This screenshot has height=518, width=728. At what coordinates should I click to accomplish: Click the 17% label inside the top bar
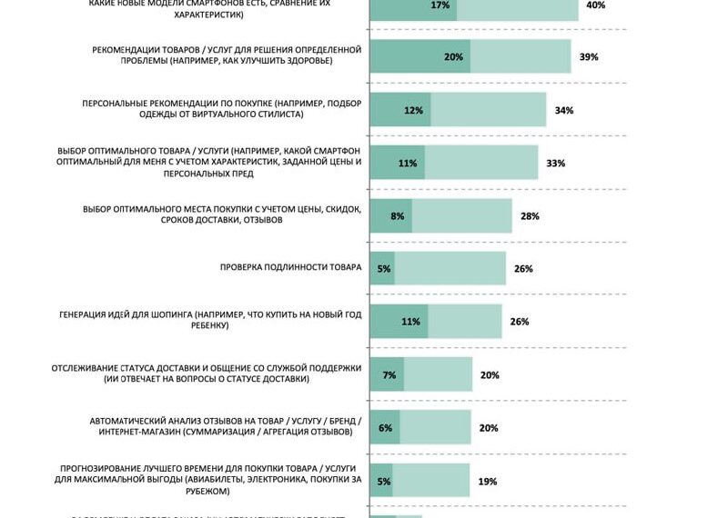tap(440, 5)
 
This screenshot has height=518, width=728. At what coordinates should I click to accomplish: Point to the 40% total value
tap(596, 5)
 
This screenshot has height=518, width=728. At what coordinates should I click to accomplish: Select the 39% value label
tap(589, 57)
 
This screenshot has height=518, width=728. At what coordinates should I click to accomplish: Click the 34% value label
tap(563, 110)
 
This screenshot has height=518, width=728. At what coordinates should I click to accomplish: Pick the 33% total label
tap(556, 164)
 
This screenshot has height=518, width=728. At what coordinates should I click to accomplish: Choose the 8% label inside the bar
tap(397, 216)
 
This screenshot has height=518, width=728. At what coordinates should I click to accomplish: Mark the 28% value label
tap(531, 216)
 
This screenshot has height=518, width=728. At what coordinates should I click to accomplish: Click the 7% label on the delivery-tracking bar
tap(389, 374)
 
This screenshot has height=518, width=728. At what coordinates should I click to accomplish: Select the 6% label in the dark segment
tap(385, 428)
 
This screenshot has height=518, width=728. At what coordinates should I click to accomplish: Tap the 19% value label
tap(488, 481)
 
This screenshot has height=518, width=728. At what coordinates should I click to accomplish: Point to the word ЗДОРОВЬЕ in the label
tap(307, 61)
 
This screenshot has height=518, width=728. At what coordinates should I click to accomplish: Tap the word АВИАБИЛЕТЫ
tap(217, 479)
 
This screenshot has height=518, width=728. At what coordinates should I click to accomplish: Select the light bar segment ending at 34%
tap(488, 110)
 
